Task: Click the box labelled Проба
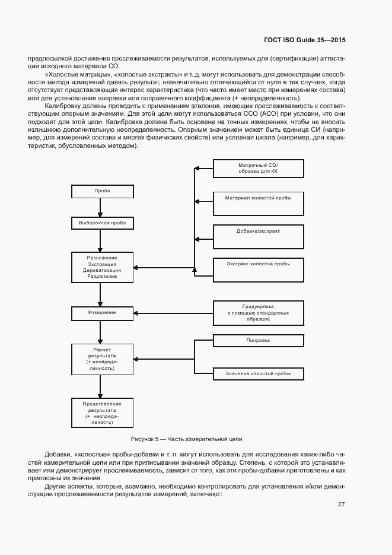click(102, 191)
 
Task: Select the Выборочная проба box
click(102, 223)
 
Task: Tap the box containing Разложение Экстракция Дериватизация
click(102, 267)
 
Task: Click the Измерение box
click(102, 312)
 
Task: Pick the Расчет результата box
click(102, 359)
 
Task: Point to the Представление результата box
click(102, 412)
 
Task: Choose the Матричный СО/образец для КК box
click(258, 169)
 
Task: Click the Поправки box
click(258, 341)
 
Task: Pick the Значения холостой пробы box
click(258, 373)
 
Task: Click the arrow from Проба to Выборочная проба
click(102, 207)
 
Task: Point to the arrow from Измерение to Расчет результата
click(102, 332)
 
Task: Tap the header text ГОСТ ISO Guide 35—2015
click(304, 40)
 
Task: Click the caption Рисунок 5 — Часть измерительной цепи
click(187, 439)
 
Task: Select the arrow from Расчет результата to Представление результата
click(102, 386)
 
